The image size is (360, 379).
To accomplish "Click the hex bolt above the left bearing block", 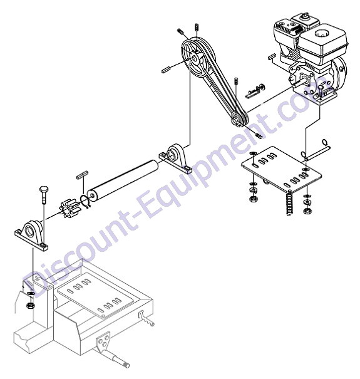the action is (x=43, y=194).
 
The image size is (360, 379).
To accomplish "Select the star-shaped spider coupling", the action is (x=66, y=209).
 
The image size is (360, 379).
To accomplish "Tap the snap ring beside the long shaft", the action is (x=85, y=201).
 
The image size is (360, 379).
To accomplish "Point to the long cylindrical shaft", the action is (x=123, y=179).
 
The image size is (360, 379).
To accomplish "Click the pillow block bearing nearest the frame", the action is (x=31, y=236).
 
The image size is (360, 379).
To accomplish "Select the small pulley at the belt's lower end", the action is (x=239, y=118).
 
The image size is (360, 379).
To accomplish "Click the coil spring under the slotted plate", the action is (x=289, y=202).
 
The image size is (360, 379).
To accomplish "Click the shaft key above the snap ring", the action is (x=82, y=175).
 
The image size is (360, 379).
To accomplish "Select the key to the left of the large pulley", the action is (x=166, y=70).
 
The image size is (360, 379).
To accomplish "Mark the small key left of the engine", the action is (x=273, y=56).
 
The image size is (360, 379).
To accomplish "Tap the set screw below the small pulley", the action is (x=259, y=135).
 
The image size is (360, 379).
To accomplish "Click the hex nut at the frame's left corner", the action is (x=30, y=305).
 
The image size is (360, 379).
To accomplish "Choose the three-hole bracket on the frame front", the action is (x=102, y=340).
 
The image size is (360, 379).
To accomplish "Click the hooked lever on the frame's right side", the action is (x=146, y=319).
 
